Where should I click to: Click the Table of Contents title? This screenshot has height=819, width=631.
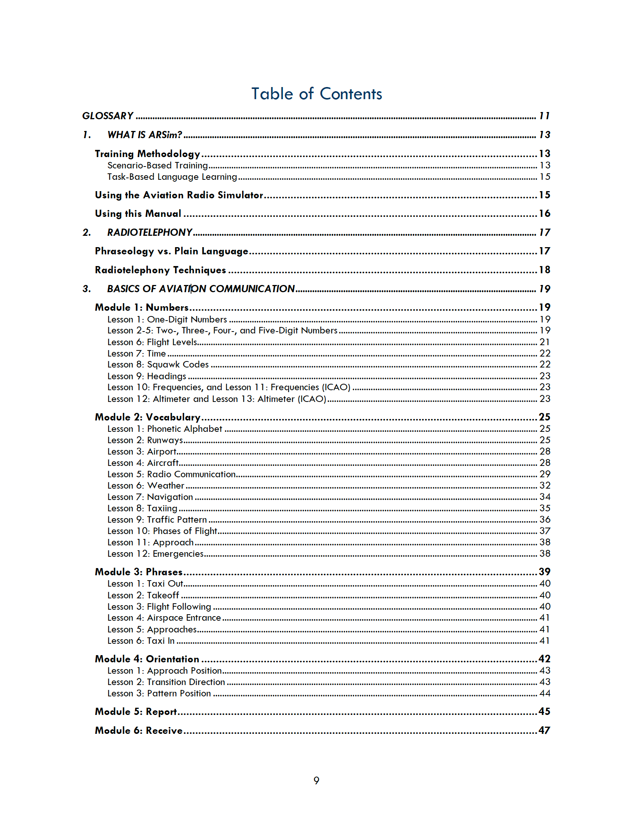pos(317,94)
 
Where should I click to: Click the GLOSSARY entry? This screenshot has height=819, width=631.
pos(108,116)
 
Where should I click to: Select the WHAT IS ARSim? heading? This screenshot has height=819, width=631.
pos(145,135)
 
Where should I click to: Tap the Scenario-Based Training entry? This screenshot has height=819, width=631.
pos(157,165)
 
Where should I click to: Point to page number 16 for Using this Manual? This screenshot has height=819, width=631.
pos(544,213)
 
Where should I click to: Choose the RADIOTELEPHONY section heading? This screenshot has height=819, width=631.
pos(150,232)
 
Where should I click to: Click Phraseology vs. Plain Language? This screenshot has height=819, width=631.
pos(171,251)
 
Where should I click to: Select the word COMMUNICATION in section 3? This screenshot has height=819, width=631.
pos(252,289)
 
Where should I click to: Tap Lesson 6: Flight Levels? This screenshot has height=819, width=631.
pos(152,342)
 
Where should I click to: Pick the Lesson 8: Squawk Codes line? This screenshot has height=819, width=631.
pos(158,364)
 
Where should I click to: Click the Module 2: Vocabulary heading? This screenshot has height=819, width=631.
pos(148,417)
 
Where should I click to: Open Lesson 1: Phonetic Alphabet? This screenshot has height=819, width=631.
pos(165,429)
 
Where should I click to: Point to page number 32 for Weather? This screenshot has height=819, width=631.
pos(545,486)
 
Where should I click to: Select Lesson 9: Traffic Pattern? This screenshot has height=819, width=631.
pos(157,520)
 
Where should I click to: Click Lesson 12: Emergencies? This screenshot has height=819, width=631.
pos(155,554)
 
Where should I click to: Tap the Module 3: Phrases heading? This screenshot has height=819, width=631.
pos(138,572)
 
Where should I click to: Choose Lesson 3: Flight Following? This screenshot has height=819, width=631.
pos(159,607)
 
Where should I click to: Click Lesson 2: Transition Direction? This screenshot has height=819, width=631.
pos(166,682)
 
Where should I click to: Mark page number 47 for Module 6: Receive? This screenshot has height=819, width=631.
pos(544,730)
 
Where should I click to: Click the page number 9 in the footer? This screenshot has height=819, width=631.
pos(316,780)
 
